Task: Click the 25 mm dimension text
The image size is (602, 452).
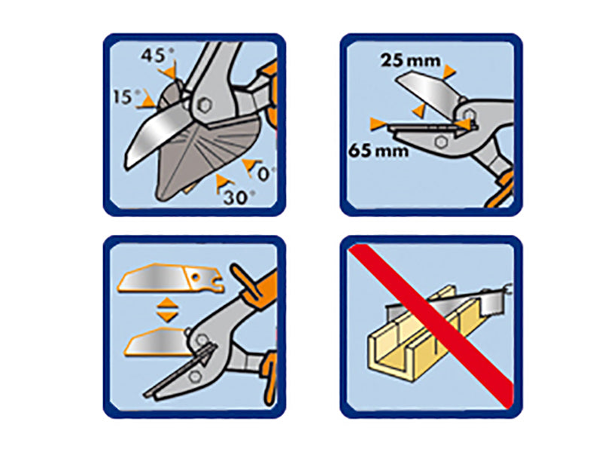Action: [410, 61]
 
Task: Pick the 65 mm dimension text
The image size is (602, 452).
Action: [379, 150]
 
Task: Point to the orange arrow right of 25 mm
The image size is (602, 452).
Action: [448, 72]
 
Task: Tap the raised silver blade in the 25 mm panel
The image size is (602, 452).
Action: [428, 91]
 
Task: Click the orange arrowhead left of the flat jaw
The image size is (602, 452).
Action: [378, 124]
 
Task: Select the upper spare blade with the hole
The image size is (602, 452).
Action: [172, 278]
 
